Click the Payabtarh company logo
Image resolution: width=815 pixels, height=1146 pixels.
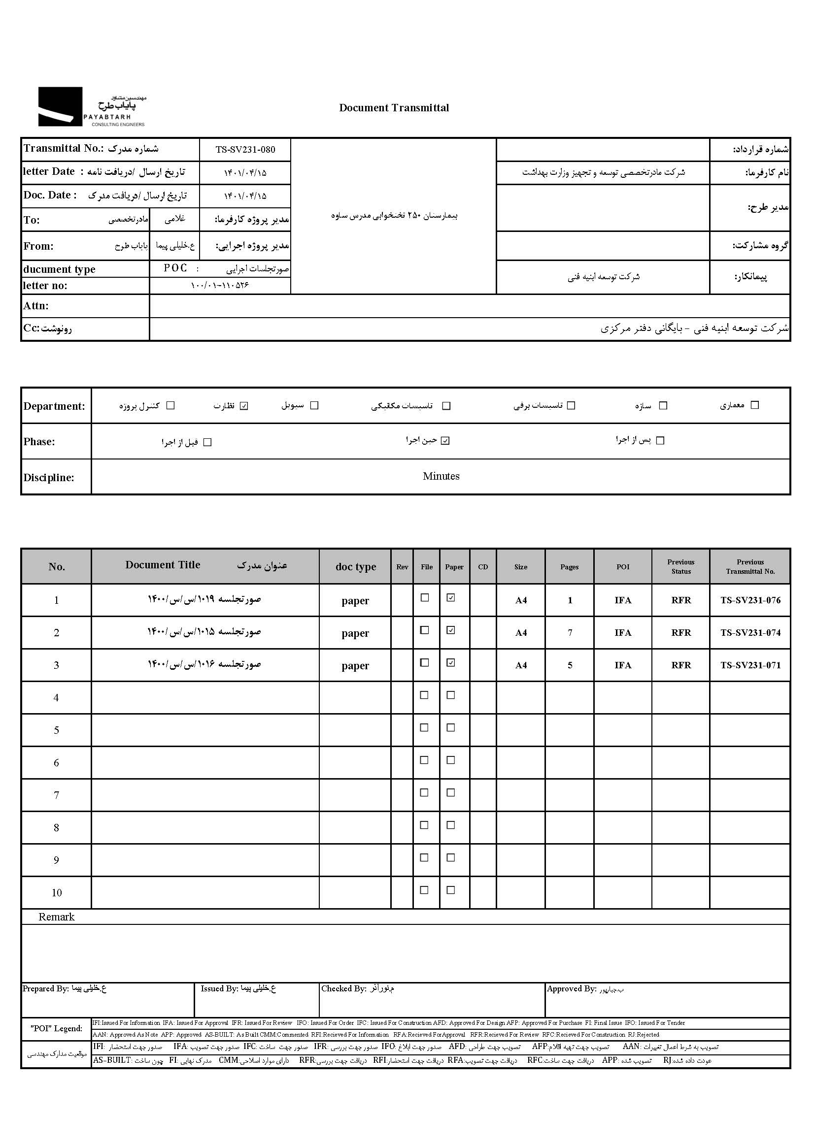pos(92,107)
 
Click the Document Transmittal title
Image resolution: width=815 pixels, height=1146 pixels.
pos(394,108)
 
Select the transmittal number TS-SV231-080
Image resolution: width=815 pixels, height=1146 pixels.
pos(245,149)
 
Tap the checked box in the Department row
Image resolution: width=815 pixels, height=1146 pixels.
pos(244,406)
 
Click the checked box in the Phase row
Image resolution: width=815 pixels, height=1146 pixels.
pos(445,441)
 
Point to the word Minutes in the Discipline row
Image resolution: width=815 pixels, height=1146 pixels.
pos(441,476)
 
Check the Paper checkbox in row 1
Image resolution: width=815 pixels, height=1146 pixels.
pos(451,598)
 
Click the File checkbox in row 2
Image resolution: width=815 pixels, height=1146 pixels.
pos(425,630)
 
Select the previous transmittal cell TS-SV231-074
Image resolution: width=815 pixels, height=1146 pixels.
pos(750,633)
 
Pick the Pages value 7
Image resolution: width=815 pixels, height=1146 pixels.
pos(570,633)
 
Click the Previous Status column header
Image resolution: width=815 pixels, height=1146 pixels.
pos(680,567)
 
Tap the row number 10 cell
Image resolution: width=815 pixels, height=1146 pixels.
pos(56,893)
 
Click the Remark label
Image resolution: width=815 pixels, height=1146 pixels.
pos(56,917)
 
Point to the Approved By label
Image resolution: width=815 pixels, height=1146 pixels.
pos(571,989)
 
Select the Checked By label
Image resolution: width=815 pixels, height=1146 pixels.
pos(343,988)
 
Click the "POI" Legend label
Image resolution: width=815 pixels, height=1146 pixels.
pos(56,1029)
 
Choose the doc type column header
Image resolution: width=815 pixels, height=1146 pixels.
pos(355,567)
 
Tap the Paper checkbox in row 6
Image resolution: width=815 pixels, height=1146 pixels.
pos(451,760)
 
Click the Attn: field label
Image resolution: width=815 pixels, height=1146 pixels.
pos(35,306)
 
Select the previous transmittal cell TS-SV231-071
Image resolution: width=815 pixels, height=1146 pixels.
pos(750,665)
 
